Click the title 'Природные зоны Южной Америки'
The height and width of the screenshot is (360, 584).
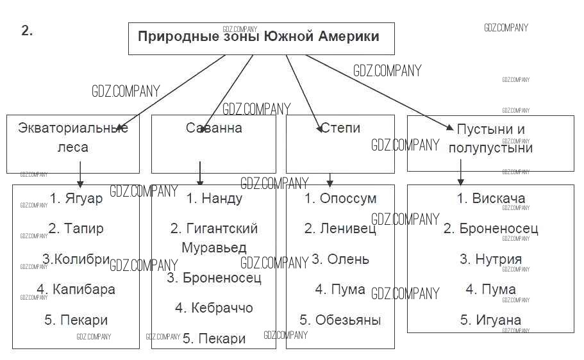(258, 36)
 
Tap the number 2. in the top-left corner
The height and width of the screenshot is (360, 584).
(27, 31)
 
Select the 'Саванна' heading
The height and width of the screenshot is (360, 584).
(214, 128)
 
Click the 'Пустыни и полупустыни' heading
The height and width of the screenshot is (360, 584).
(490, 138)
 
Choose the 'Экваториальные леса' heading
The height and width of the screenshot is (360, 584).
(73, 137)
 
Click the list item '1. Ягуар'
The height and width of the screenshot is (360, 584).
(76, 199)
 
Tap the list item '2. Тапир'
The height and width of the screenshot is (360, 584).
(76, 228)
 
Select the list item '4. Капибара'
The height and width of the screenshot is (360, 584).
(76, 289)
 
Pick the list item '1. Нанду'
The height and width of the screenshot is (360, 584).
(214, 199)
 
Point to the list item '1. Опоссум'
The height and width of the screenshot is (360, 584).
(340, 199)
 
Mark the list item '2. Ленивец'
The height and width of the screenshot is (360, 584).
(340, 228)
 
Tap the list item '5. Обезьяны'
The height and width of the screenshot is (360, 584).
(340, 320)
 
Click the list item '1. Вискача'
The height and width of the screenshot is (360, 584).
(490, 198)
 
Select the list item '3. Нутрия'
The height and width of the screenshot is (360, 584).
(490, 259)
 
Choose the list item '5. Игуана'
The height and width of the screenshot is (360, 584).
(490, 320)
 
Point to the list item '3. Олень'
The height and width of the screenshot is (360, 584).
(340, 259)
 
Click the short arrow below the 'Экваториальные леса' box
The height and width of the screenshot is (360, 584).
(80, 174)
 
